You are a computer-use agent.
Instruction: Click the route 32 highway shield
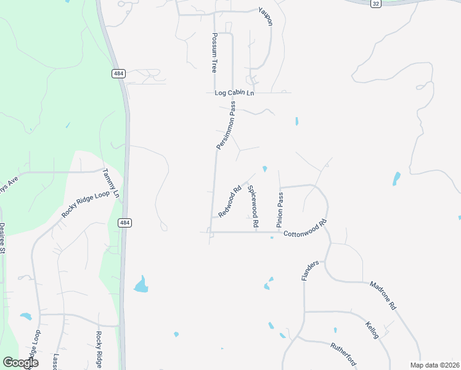[x=375, y=4]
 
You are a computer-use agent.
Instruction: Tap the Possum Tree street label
[x=214, y=53]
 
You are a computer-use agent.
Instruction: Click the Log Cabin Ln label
[x=234, y=93]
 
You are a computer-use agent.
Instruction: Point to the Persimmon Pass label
[x=226, y=125]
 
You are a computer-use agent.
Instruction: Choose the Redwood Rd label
[x=229, y=202]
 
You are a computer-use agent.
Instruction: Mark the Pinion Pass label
[x=280, y=209]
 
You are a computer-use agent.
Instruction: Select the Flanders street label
[x=309, y=270]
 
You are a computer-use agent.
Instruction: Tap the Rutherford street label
[x=344, y=353]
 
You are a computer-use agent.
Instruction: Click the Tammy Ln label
[x=112, y=183]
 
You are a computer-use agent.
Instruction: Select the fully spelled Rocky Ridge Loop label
[x=85, y=203]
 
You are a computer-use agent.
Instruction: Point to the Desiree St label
[x=2, y=238]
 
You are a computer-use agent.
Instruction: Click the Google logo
[x=20, y=362]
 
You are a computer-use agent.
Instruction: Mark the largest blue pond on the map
[x=141, y=284]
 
